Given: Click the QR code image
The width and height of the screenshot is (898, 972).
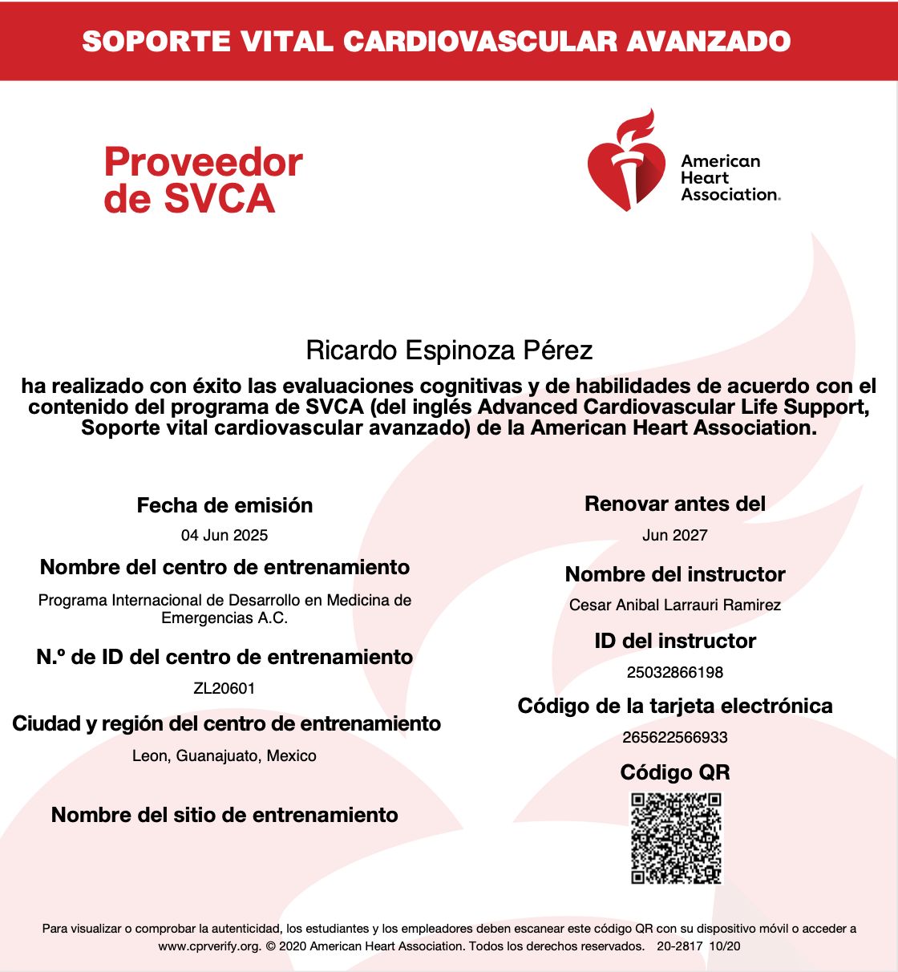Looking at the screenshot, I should coord(676,838).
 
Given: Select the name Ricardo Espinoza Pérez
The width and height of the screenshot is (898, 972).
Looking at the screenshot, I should coord(449,350).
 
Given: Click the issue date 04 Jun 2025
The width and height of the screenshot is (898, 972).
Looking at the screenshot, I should coord(224,535).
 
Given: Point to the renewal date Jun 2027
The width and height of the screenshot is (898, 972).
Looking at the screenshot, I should coord(675,535).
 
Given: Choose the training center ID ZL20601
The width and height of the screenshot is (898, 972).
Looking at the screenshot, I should coord(224,688).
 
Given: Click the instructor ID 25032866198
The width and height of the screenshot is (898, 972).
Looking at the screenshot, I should coord(675,672).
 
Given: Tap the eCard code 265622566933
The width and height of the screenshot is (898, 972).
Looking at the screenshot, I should coord(675,737).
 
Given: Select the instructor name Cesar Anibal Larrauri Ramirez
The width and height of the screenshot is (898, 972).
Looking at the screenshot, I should coord(675,605).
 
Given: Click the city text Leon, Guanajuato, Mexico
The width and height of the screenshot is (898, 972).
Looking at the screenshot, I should coord(224,755).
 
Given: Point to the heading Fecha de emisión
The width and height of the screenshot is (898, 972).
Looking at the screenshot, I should coord(224,505).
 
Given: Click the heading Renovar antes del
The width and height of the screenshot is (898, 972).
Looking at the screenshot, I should coord(675,504).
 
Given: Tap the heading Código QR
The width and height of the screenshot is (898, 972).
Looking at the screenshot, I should coord(675,772).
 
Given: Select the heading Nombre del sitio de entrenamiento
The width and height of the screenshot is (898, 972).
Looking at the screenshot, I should coord(224,815).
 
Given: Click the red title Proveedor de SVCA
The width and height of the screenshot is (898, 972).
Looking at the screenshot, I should coord(203,180).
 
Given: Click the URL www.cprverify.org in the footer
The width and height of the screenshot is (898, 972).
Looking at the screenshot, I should coord(209,946).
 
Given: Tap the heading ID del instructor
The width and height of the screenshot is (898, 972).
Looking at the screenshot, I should coord(675,641).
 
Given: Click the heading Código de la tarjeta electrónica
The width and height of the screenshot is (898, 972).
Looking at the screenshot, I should coord(675,706).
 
